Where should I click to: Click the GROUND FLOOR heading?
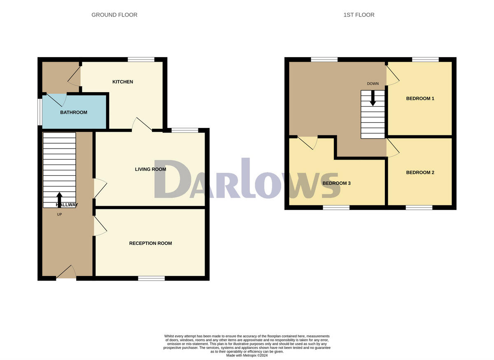tap(114, 15)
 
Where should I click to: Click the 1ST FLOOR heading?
tap(359, 15)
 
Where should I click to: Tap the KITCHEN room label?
tap(123, 82)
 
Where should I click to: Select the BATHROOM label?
tap(74, 112)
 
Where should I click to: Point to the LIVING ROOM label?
tap(151, 169)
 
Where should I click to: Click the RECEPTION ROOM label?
tap(151, 243)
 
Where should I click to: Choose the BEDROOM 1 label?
tap(420, 98)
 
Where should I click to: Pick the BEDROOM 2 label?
tap(420, 172)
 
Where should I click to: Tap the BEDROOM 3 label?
tap(336, 183)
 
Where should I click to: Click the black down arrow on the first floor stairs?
tap(373, 98)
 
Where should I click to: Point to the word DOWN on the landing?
tap(373, 84)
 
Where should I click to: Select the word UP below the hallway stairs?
tap(59, 214)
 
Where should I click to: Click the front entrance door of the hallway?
tap(66, 273)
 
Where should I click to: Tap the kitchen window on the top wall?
tap(141, 60)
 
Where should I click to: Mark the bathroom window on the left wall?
tap(40, 111)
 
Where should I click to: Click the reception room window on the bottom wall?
tap(151, 279)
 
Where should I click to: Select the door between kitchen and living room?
tap(142, 125)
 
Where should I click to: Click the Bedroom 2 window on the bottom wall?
tap(419, 207)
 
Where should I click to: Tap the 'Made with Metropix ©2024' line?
tap(247, 355)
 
